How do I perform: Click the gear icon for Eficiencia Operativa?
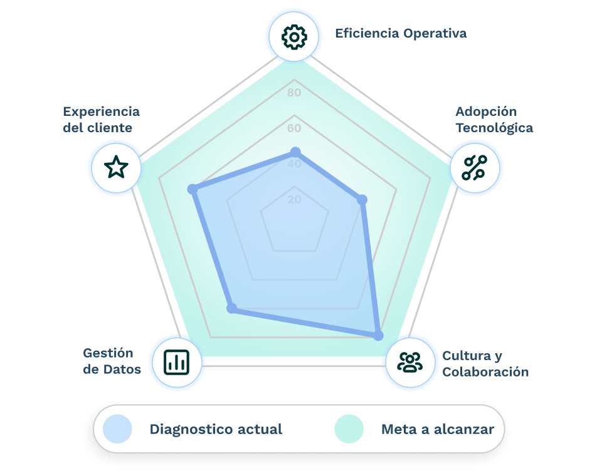point(293,38)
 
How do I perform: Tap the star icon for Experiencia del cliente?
point(116,167)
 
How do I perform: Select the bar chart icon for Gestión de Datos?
point(176,361)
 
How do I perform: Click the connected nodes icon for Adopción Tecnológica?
point(475,168)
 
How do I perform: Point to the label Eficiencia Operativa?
point(401,33)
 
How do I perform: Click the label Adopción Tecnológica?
point(494,120)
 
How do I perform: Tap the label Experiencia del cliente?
point(101,120)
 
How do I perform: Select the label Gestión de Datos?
point(112,361)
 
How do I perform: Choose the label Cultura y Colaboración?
point(485,364)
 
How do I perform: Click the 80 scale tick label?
point(294,93)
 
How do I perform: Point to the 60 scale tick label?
point(294,128)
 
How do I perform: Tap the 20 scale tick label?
point(294,200)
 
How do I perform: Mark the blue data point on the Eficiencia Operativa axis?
point(295,152)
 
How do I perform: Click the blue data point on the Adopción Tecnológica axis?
point(362,200)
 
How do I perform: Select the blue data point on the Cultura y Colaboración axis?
point(378,336)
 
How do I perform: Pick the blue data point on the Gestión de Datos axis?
point(232,308)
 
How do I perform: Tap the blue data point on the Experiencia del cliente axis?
point(193,189)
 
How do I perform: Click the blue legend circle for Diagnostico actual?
point(117,429)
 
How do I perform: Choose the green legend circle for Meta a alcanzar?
point(349,429)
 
